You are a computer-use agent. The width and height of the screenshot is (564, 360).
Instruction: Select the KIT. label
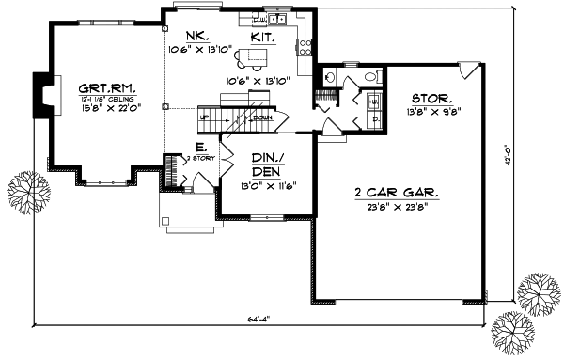point(263,37)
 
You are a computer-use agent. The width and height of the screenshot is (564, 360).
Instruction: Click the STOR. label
point(431,98)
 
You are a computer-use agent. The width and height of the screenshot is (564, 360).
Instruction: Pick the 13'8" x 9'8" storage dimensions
point(431,112)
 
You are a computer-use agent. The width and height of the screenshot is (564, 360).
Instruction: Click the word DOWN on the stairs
point(263,117)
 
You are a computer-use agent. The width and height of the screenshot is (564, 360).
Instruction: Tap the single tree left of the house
point(24,189)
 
